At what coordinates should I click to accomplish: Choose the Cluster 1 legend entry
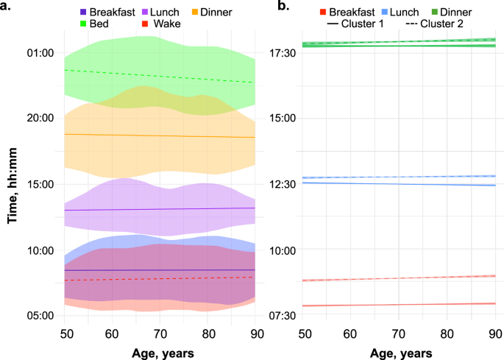coord(363,24)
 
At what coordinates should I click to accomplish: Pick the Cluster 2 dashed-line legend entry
coord(434,24)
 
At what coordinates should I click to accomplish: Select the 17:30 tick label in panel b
coord(281,53)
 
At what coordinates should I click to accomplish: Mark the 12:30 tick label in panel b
coord(281,184)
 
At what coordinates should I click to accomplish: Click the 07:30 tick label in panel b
coord(281,316)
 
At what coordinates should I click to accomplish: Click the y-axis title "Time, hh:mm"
coord(13,184)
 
